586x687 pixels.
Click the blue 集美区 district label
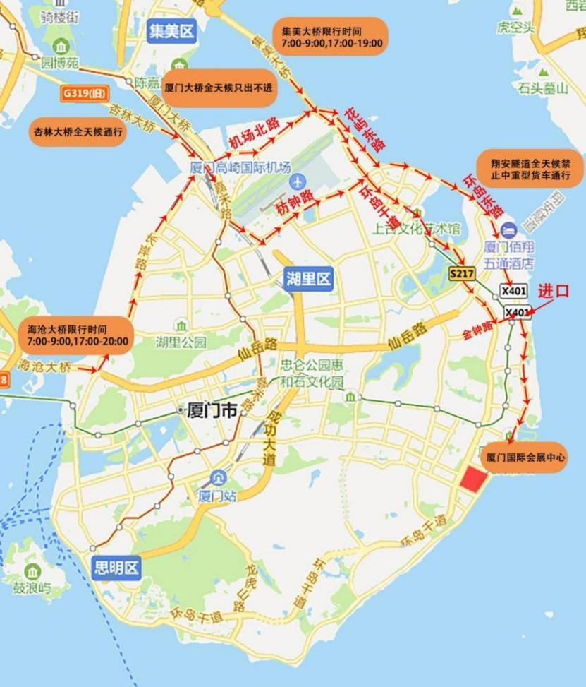[x=171, y=31]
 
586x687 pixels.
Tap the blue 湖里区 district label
[x=307, y=278]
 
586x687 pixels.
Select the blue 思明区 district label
[x=116, y=568]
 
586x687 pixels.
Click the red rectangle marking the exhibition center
[x=473, y=477]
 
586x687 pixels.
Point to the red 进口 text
[x=553, y=292]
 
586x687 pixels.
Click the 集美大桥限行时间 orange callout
[x=331, y=37]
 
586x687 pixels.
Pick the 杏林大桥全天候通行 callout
[x=78, y=131]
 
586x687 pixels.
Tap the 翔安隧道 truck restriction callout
[x=530, y=169]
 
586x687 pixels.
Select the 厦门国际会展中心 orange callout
[x=525, y=458]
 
